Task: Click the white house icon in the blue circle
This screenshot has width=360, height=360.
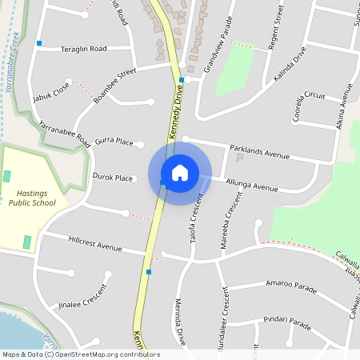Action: (179, 173)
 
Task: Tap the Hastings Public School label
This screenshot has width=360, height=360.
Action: (34, 198)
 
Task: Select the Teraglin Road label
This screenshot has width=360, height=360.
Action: (84, 49)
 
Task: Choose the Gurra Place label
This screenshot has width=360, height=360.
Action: (113, 142)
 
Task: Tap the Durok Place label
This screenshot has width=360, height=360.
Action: (112, 178)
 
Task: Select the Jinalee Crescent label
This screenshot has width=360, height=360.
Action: (82, 297)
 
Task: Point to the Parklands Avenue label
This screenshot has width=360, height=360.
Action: (258, 152)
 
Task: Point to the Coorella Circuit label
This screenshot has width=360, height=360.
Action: (310, 105)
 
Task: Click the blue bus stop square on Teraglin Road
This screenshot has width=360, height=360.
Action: (38, 42)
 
